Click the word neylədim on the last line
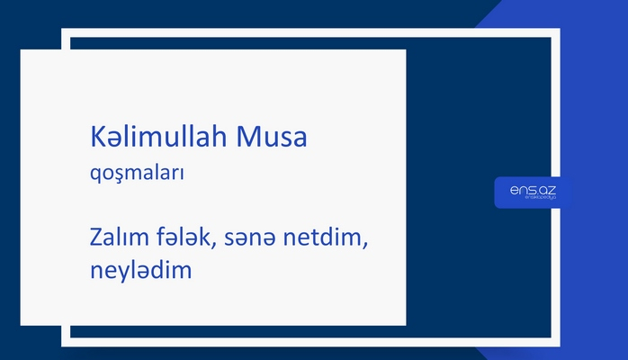click(x=141, y=269)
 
